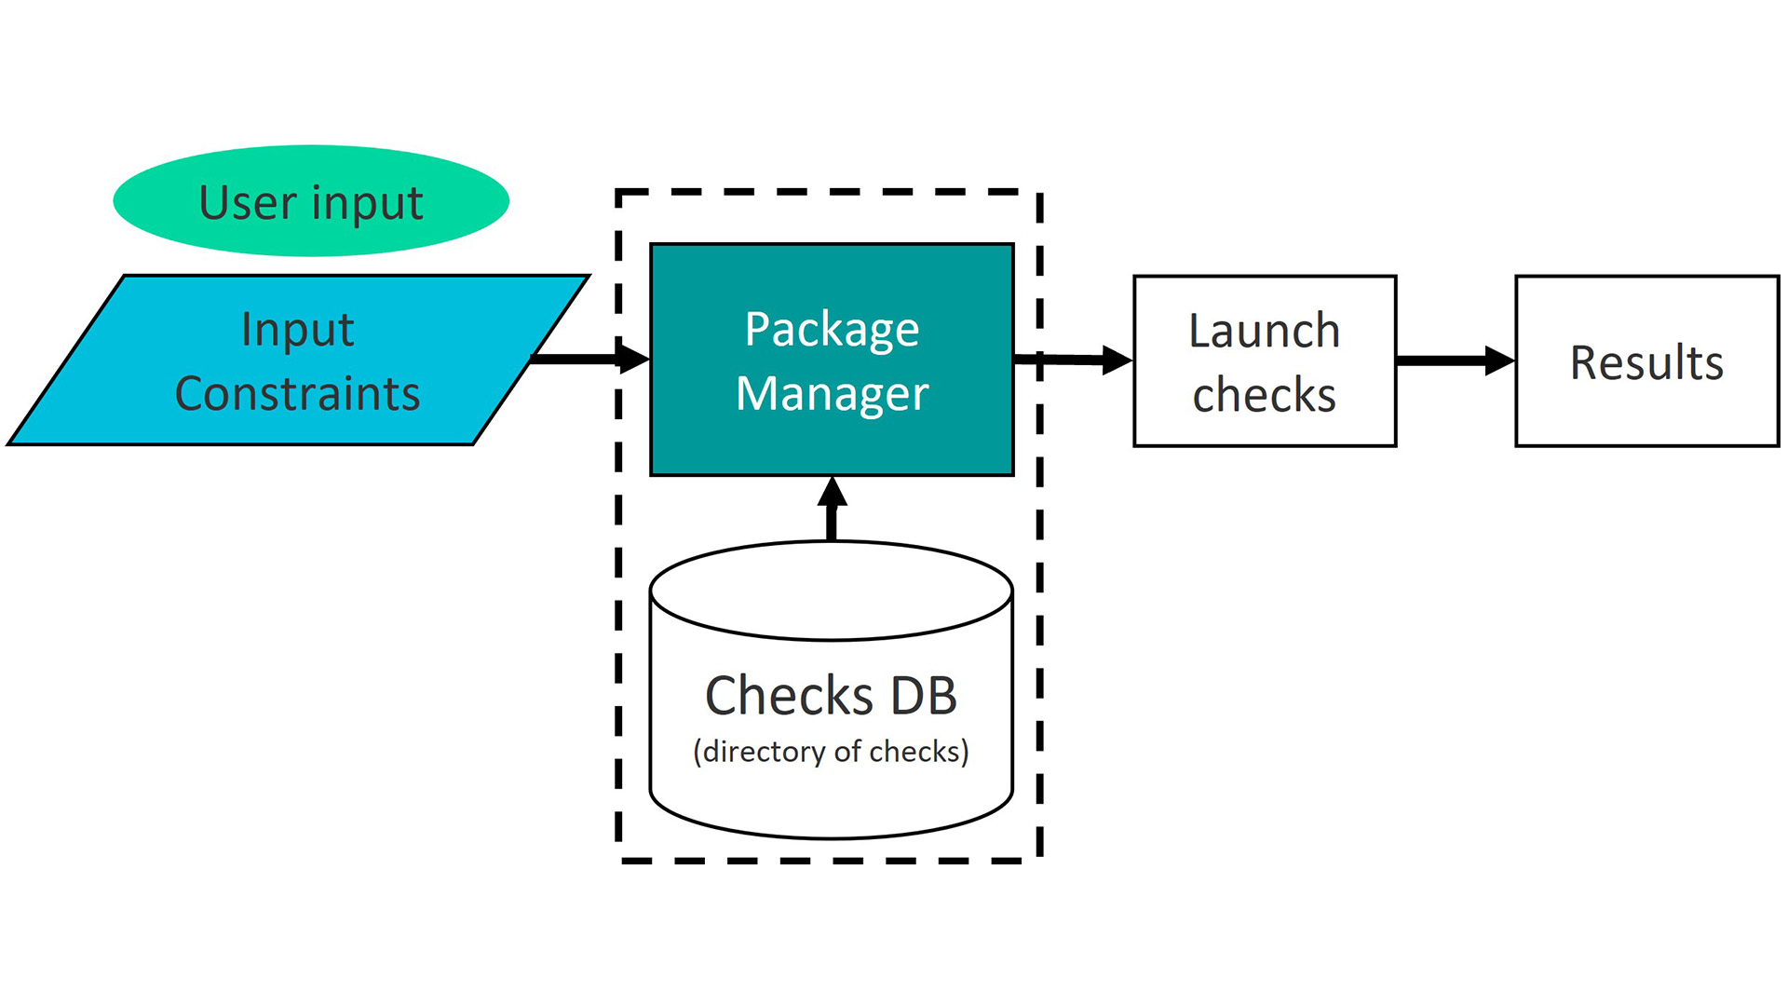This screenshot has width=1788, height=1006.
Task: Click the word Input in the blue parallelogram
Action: pos(297,330)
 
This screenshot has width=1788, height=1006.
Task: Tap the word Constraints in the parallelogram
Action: pos(297,393)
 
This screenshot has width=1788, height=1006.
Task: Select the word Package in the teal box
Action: pos(832,330)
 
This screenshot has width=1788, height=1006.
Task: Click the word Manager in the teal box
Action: pos(832,393)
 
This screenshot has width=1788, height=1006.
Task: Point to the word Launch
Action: pos(1264,331)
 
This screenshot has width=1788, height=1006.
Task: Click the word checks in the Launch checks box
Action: pos(1264,395)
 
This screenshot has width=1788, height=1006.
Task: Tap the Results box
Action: pos(1646,362)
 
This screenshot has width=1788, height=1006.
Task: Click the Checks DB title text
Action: pos(831,696)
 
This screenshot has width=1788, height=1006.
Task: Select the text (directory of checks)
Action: pos(831,752)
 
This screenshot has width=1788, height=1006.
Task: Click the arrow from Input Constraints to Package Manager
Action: pos(587,359)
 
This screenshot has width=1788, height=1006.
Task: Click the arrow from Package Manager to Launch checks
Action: pos(1071,360)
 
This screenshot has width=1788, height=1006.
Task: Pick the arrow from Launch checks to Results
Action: pos(1453,360)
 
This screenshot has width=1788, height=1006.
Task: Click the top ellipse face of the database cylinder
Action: pos(831,590)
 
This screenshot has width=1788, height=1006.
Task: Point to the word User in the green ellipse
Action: pos(247,203)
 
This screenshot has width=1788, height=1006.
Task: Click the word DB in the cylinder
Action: pos(923,696)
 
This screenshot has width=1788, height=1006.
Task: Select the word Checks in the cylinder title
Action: pos(789,696)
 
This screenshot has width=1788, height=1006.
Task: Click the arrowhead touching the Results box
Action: pos(1499,360)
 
